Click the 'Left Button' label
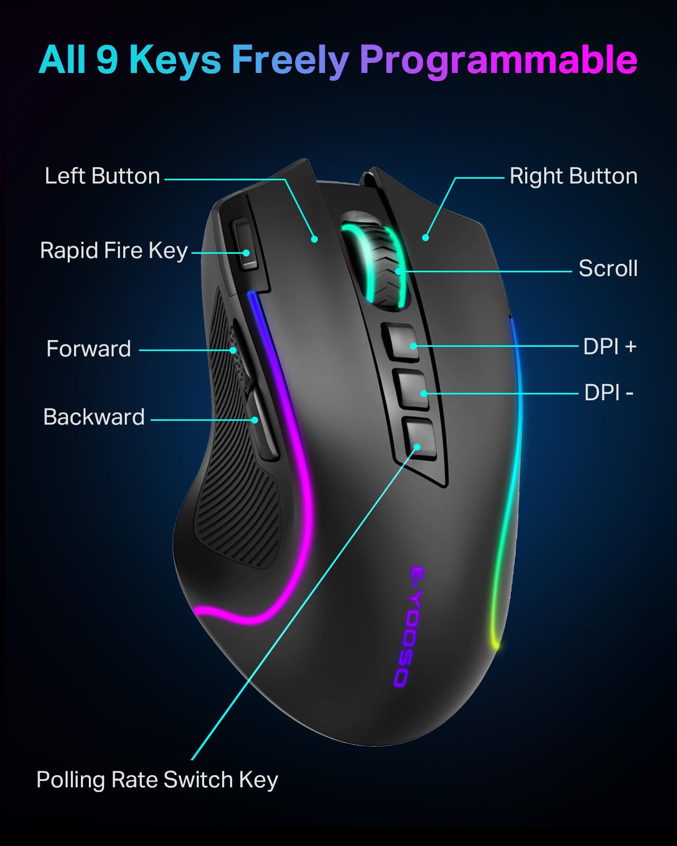point(102,176)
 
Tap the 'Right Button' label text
point(573,176)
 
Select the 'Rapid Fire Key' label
point(114,251)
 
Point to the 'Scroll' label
point(608,269)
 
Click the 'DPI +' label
point(610,347)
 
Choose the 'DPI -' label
point(609,392)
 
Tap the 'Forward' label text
point(88,348)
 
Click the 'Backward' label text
point(94,417)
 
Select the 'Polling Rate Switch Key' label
point(157,779)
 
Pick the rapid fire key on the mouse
point(244,245)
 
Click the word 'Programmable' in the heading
point(498,60)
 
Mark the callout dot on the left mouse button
point(314,239)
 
